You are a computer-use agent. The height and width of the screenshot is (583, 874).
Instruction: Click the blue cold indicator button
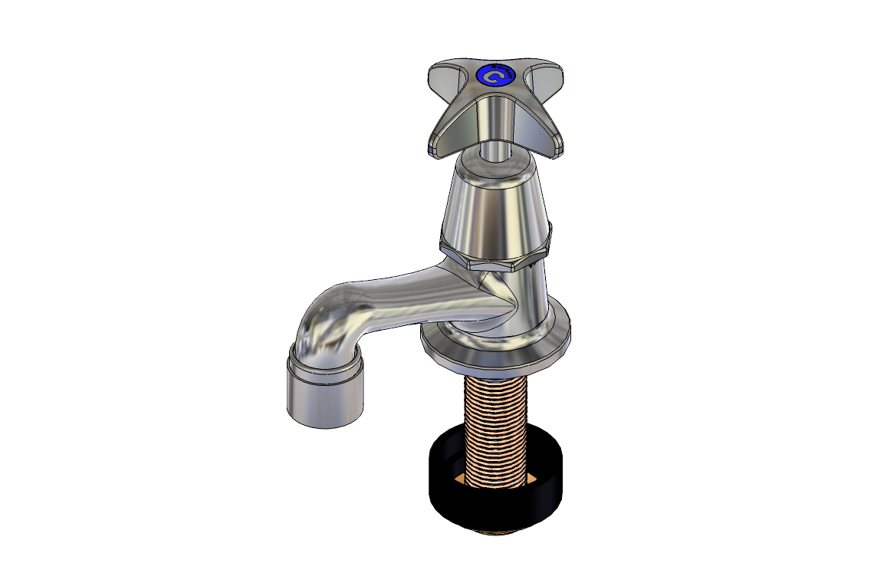click(x=494, y=76)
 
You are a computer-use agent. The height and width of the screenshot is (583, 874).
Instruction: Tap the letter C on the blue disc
click(x=495, y=77)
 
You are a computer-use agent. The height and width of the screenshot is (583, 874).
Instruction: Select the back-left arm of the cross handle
click(x=445, y=77)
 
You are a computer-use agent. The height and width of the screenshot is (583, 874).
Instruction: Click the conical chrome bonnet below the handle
click(x=495, y=207)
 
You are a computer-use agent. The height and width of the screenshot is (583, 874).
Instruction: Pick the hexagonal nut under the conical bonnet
click(x=495, y=257)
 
